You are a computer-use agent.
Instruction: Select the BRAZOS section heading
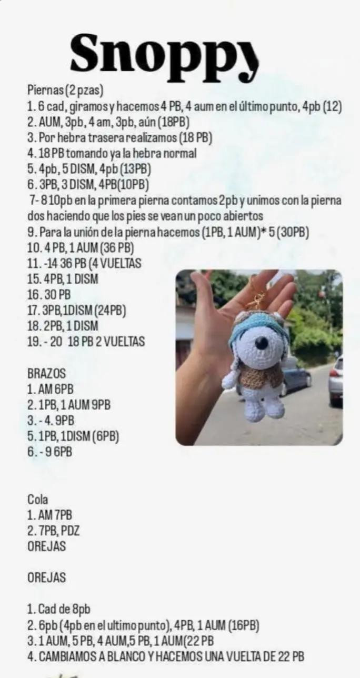click(46, 373)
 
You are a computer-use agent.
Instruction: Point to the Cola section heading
click(37, 499)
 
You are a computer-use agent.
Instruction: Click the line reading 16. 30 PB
click(49, 295)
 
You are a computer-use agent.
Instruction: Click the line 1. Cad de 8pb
click(58, 609)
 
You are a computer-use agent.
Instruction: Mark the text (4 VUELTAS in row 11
click(115, 263)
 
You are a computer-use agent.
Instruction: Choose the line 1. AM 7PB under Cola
click(49, 515)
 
